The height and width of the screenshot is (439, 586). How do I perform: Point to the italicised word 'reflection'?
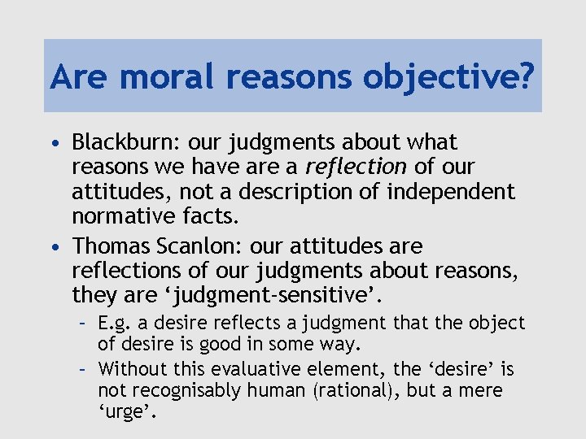tap(356, 167)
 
